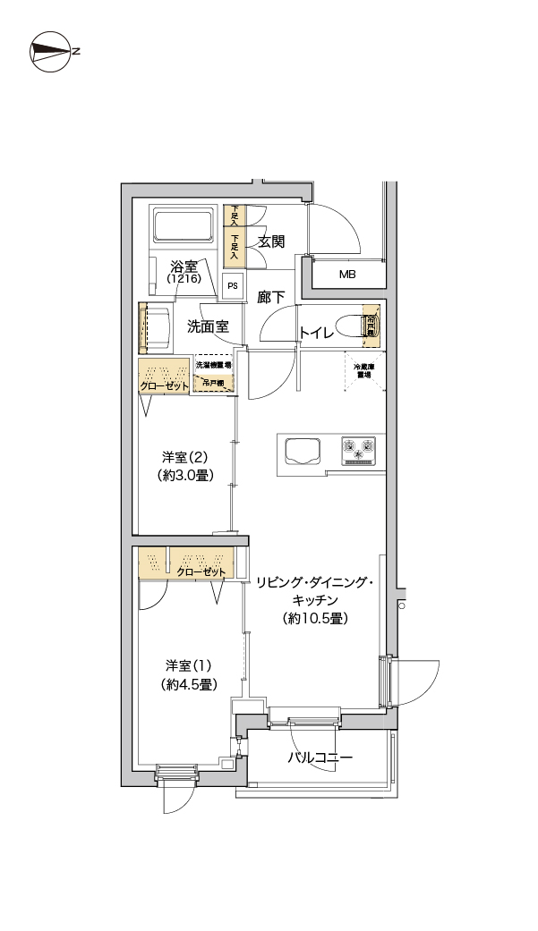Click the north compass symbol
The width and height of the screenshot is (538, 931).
point(51,51)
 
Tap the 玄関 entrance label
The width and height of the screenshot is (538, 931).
point(271,241)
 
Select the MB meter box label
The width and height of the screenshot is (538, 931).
point(346,275)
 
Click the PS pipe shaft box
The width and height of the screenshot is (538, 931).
point(233,286)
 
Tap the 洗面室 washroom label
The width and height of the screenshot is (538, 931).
point(208,326)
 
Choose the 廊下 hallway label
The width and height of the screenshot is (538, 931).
point(271,298)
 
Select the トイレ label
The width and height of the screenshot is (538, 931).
point(317,333)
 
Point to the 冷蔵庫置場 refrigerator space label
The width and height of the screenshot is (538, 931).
point(363,371)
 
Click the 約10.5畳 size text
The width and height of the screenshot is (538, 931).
point(314,618)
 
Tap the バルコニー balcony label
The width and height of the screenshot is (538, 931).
point(320,757)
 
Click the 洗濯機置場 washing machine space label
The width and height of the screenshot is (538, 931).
point(214,365)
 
